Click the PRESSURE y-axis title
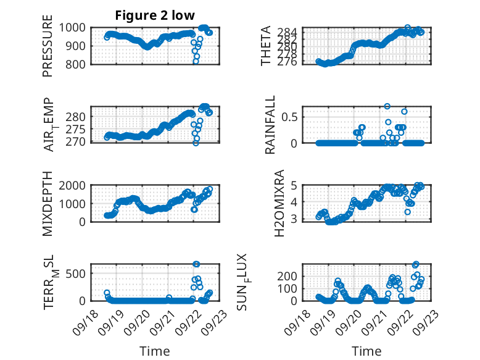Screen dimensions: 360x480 [x=48, y=49]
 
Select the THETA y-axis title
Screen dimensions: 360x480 [x=266, y=46]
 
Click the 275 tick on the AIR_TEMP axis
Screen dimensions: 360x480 [x=79, y=130]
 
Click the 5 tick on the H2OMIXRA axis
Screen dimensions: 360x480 [x=295, y=185]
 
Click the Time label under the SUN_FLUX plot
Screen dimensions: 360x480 [x=366, y=351]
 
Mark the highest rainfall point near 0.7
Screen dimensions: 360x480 [x=387, y=106]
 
